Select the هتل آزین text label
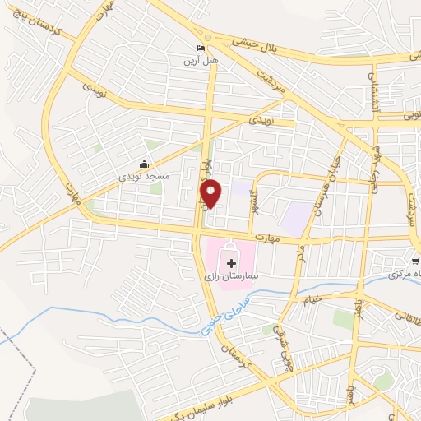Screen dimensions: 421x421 [201, 61]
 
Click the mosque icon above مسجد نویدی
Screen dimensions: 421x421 [146, 164]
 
